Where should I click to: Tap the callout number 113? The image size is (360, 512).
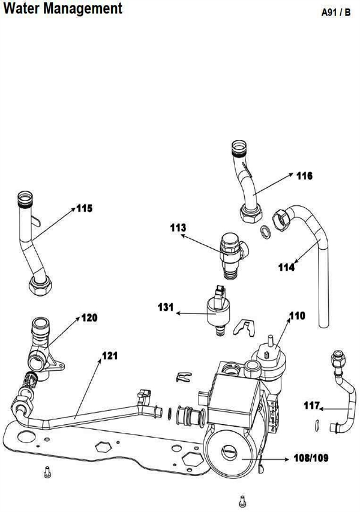tap(178, 227)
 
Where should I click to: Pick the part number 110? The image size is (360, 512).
tap(297, 315)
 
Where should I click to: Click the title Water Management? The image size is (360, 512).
tap(62, 9)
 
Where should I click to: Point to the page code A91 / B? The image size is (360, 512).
tap(336, 13)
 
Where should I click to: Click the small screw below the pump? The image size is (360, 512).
tap(242, 499)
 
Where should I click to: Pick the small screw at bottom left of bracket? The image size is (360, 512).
tap(46, 474)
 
